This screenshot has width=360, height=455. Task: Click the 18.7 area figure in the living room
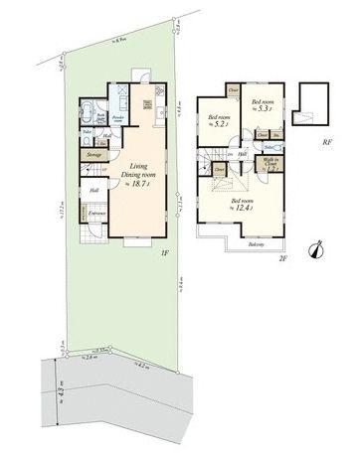tap(136, 184)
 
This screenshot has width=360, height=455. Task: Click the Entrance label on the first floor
tap(97, 214)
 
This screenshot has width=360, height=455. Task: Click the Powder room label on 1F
tap(115, 118)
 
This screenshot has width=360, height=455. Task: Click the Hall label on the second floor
tap(242, 154)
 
